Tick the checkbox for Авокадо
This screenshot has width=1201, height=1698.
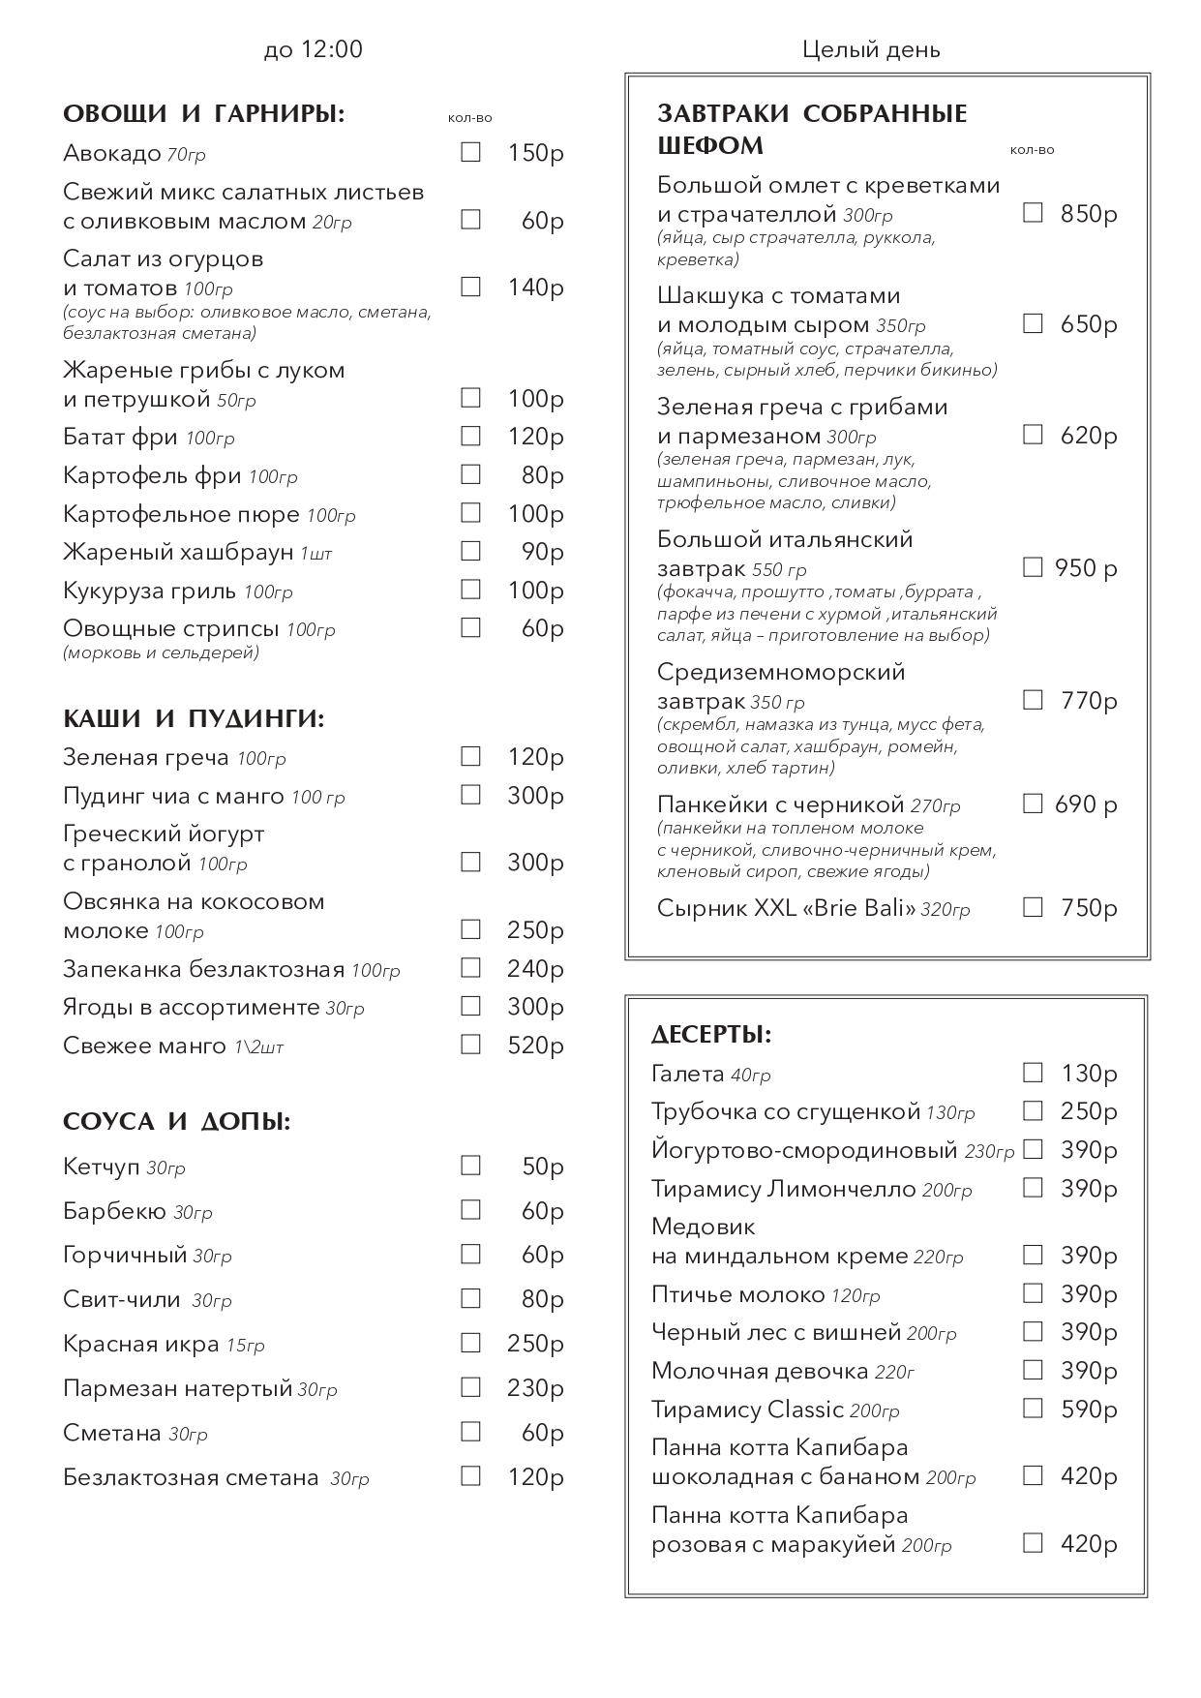click(x=470, y=153)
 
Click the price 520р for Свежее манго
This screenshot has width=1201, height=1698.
click(x=535, y=1046)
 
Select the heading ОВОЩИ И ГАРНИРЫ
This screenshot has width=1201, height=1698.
click(x=203, y=114)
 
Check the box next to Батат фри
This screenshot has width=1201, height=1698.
click(x=470, y=437)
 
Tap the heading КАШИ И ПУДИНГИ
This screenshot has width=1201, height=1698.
click(x=194, y=718)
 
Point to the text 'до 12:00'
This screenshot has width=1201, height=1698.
click(x=313, y=49)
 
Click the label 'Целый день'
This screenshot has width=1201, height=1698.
click(x=871, y=49)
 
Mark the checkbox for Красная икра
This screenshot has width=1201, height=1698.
click(x=470, y=1343)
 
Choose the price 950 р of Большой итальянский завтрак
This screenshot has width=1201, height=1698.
click(x=1085, y=568)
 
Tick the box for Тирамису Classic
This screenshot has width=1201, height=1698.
click(x=1033, y=1409)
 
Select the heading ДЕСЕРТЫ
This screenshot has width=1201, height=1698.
click(x=711, y=1035)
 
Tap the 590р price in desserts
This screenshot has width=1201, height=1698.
click(x=1089, y=1410)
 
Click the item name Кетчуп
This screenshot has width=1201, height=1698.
click(x=102, y=1167)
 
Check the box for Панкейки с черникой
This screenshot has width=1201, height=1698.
click(x=1033, y=804)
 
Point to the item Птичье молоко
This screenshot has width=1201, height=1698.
click(x=737, y=1294)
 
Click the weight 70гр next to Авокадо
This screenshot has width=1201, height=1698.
click(x=186, y=155)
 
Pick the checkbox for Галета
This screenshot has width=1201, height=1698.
click(x=1033, y=1073)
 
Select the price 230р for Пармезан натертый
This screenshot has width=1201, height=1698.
click(x=535, y=1388)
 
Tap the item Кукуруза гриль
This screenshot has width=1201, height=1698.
click(x=149, y=591)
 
